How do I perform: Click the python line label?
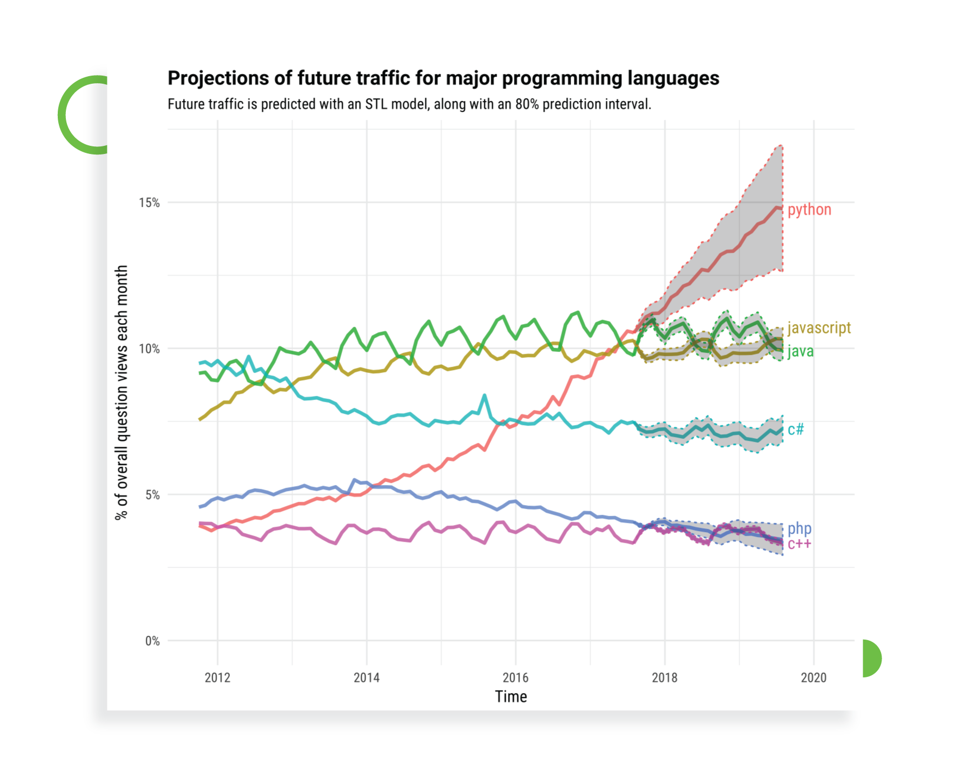[809, 210]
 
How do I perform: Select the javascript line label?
[818, 327]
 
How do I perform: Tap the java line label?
[800, 351]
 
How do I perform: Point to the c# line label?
[795, 429]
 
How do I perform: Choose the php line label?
[799, 528]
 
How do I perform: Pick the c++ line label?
[799, 544]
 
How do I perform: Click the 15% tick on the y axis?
[149, 203]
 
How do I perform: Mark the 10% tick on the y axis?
[149, 348]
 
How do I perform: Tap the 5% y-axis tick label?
[152, 495]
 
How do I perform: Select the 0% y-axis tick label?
[152, 641]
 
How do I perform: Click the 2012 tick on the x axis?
[217, 677]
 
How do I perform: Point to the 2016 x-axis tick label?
[515, 677]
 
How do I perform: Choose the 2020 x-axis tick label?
[813, 677]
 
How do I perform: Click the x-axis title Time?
[511, 697]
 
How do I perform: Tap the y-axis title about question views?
[121, 392]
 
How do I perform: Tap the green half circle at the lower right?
[871, 658]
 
